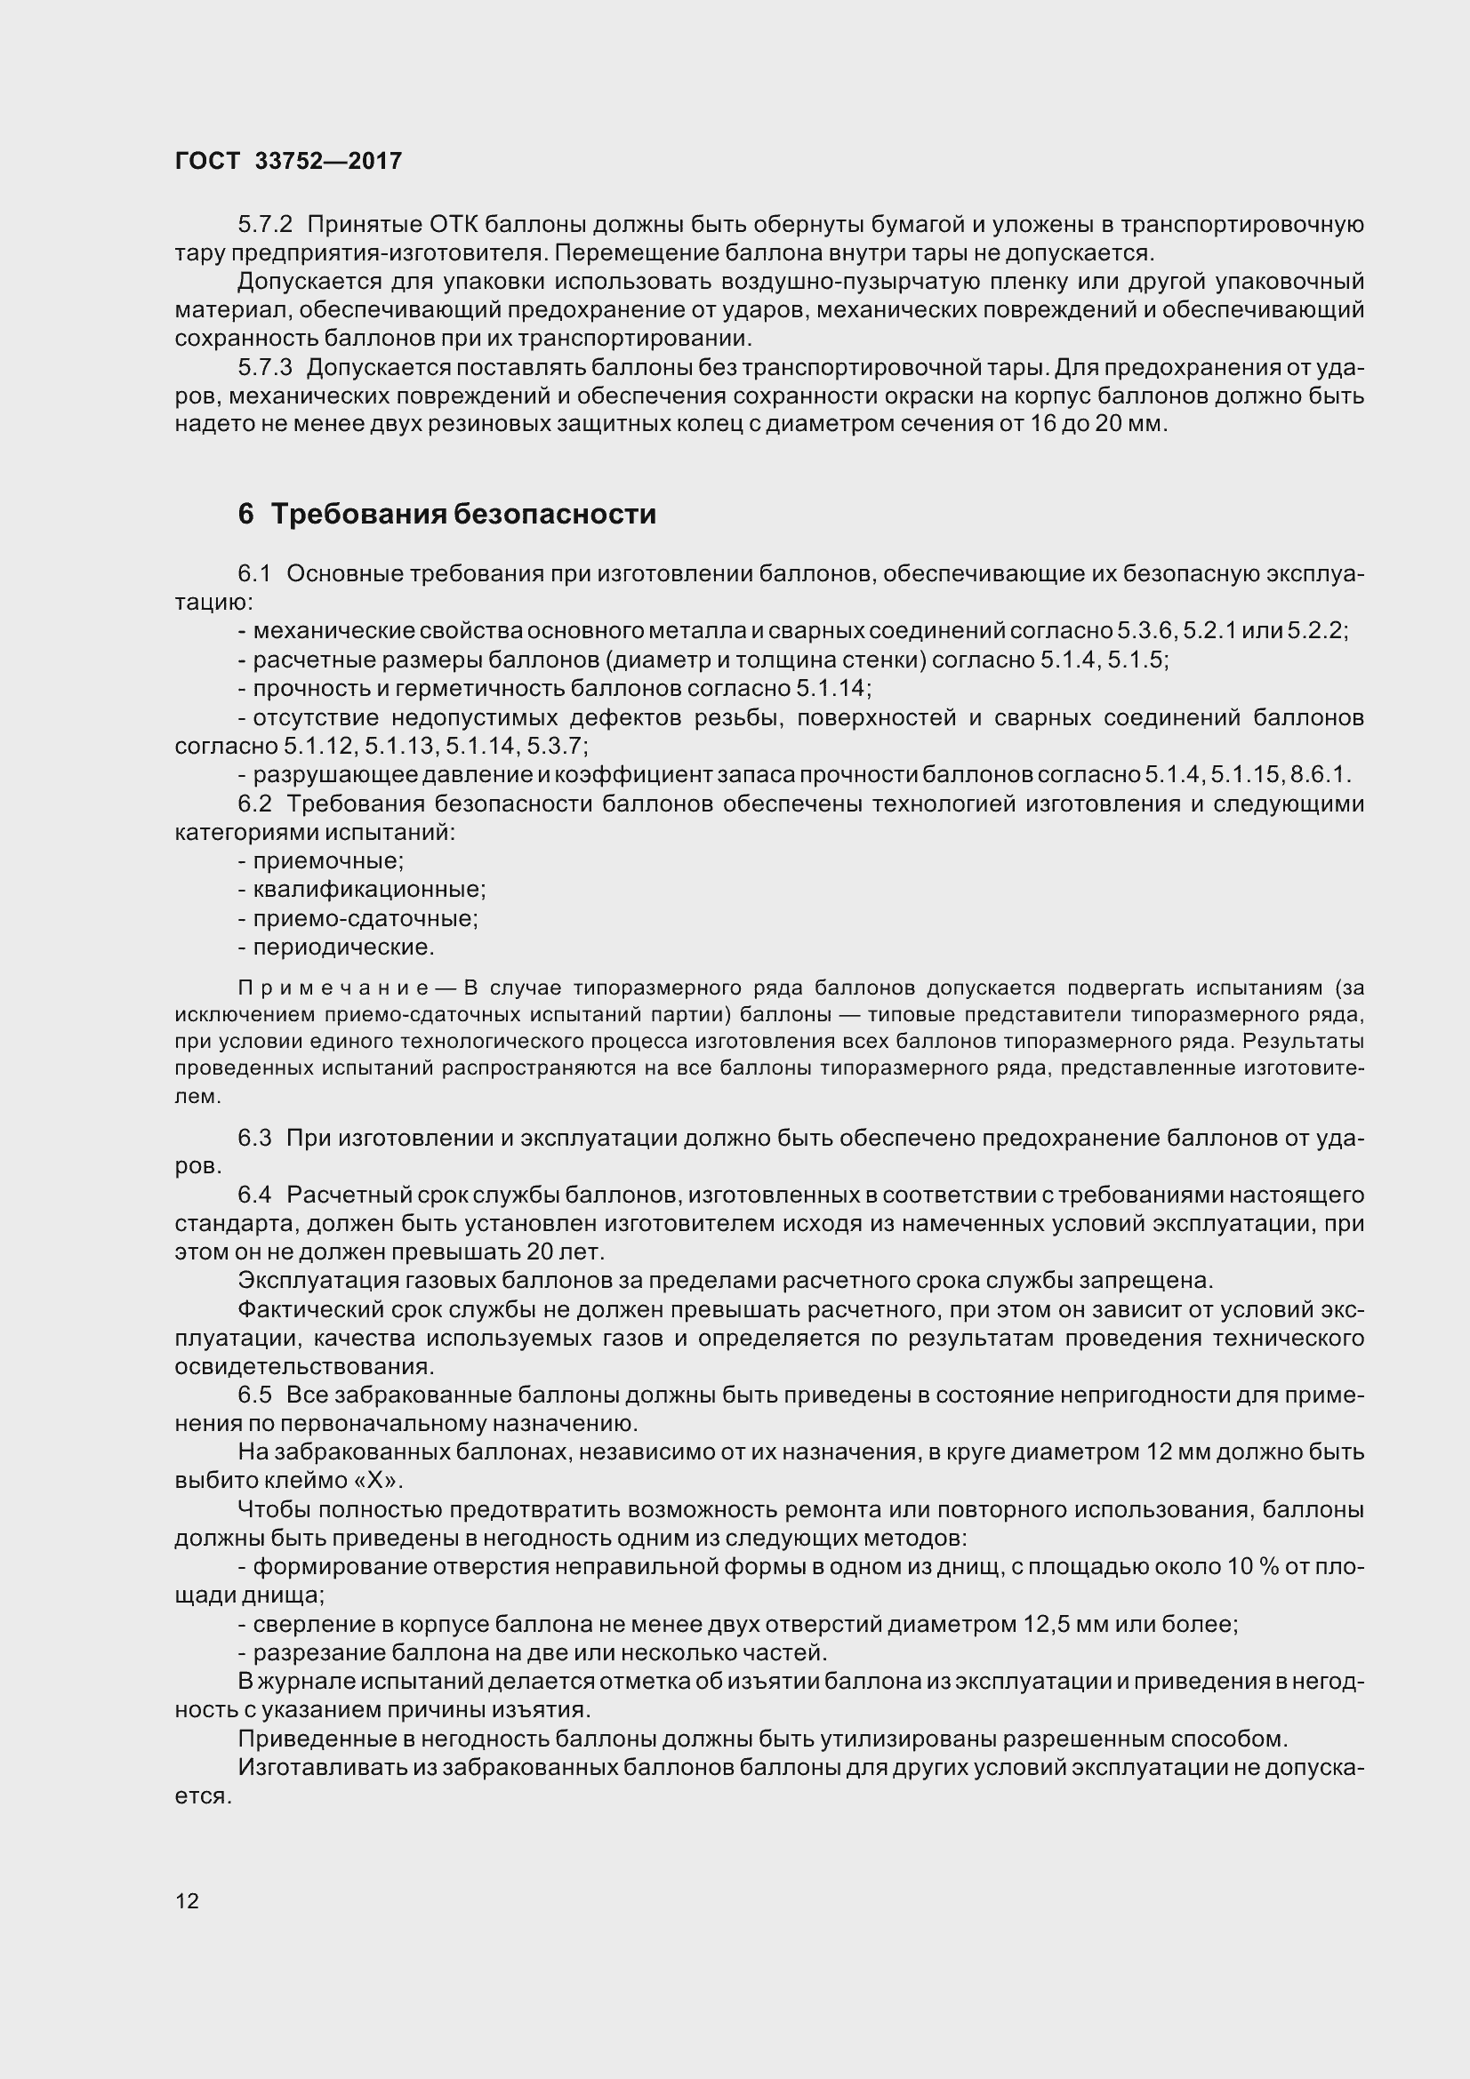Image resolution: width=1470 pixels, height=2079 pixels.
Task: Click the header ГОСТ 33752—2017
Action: [x=288, y=161]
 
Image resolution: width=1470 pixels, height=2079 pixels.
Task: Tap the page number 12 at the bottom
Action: [x=187, y=1900]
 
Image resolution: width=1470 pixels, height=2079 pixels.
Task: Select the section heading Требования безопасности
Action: [x=463, y=515]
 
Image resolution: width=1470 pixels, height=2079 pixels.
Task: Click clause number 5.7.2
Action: [x=265, y=224]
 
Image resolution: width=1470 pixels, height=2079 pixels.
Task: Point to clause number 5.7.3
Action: [x=265, y=368]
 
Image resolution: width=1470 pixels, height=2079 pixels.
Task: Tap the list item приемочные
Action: [x=328, y=860]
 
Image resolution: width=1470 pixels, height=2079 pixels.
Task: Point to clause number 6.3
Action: [x=254, y=1138]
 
